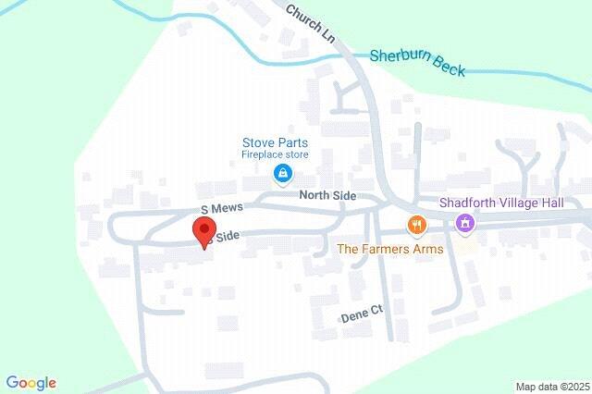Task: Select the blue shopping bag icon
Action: [278, 174]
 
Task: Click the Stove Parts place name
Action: [275, 142]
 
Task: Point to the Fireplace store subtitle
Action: [275, 155]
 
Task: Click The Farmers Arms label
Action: [389, 249]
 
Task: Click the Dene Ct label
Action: [361, 316]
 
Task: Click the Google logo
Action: [31, 382]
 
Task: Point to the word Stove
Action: [258, 142]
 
